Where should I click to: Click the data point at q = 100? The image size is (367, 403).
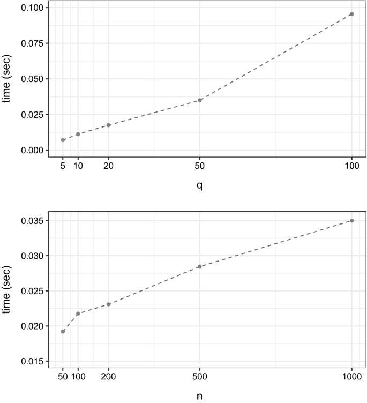point(351,14)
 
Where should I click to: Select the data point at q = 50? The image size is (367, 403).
point(200,100)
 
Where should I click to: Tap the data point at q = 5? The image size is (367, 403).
point(63,140)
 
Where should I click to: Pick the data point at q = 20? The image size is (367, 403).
point(109,125)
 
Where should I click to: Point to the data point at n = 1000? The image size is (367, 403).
point(351,220)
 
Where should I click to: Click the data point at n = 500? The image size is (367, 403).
point(200,266)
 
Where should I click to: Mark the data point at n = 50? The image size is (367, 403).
point(63,331)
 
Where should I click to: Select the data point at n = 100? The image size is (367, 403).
point(78,314)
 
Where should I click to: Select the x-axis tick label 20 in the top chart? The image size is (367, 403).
point(109,166)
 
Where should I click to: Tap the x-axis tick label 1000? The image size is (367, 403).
point(351,377)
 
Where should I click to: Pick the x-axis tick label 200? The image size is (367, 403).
point(109,377)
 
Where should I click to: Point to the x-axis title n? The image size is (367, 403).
point(200,397)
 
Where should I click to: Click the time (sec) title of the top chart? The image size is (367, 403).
point(8,79)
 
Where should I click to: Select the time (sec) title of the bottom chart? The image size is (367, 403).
point(8,290)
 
